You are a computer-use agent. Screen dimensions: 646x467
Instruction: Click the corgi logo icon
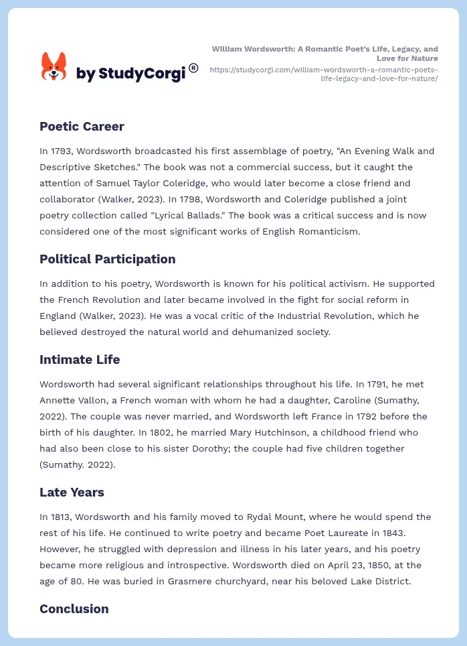click(x=54, y=66)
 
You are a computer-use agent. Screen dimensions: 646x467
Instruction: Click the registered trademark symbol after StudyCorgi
click(x=193, y=68)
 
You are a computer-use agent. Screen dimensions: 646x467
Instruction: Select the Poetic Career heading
click(x=82, y=126)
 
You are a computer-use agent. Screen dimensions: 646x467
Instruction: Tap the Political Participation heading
click(x=107, y=259)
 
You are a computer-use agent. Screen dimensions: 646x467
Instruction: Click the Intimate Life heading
click(x=80, y=359)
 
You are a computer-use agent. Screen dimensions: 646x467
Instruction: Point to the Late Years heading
click(x=72, y=492)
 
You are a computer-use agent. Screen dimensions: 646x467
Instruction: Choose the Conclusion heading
click(x=74, y=608)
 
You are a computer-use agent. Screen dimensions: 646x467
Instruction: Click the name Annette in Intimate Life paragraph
click(x=59, y=401)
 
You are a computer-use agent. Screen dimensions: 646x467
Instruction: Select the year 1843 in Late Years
click(x=383, y=533)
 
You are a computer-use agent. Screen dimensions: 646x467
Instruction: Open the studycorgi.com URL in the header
click(x=324, y=74)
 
